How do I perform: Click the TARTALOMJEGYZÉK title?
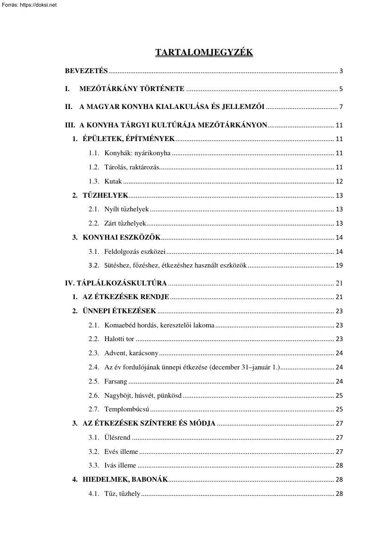click(204, 52)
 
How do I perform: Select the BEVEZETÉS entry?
click(86, 71)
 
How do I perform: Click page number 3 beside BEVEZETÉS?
click(340, 72)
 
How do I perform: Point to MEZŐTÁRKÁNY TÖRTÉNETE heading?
click(132, 89)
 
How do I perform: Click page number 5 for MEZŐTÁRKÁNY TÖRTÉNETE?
click(340, 89)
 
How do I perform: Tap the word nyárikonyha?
click(154, 153)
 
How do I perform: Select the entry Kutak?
click(113, 181)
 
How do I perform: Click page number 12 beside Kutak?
click(339, 182)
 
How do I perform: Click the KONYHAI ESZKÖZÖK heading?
click(122, 237)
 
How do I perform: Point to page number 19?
click(339, 266)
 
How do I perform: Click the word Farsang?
click(116, 381)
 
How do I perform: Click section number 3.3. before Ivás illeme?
click(93, 465)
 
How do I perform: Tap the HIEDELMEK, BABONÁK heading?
click(125, 479)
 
